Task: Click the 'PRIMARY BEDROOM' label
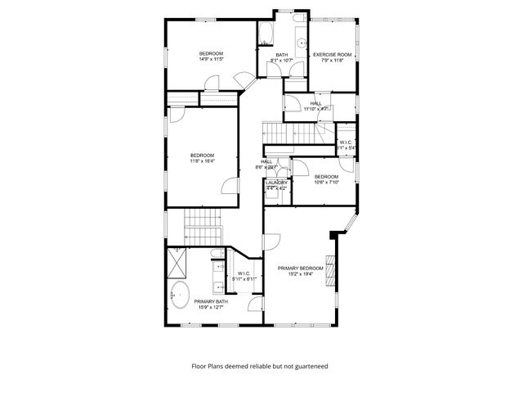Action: tap(301, 269)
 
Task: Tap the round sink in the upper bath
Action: tap(300, 41)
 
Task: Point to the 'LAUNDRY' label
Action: tap(276, 183)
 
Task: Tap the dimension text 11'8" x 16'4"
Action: tap(202, 161)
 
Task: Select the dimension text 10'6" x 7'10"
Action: tap(326, 183)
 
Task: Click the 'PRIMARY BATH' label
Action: tap(211, 301)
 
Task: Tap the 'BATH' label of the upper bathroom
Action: tap(281, 54)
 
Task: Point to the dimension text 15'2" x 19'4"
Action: tap(301, 274)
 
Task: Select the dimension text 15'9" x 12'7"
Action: tap(211, 307)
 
